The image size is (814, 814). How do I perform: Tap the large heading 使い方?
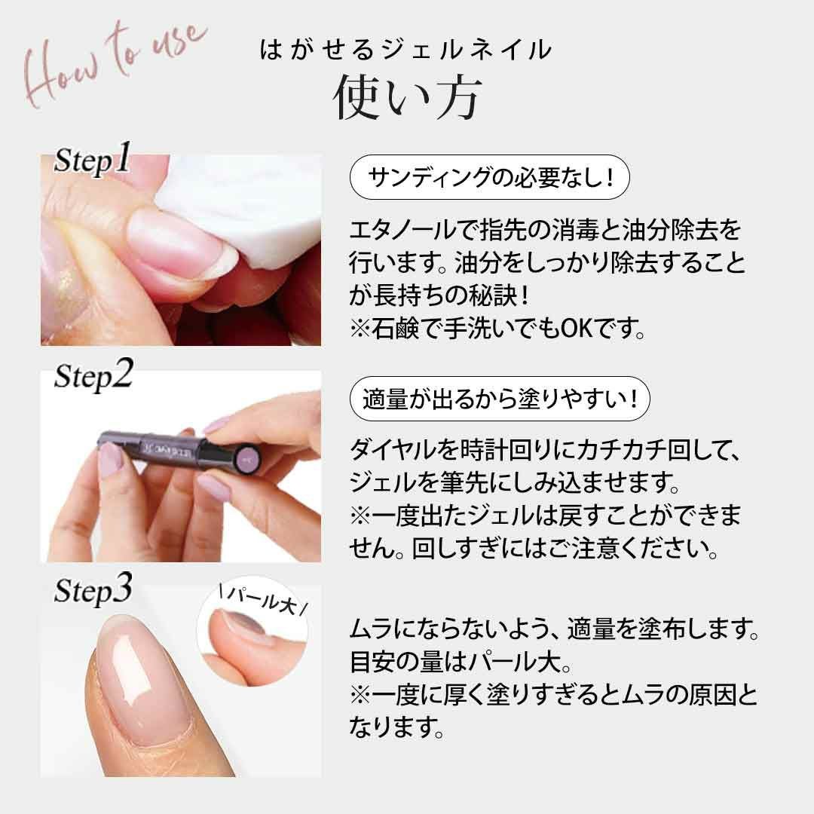(406, 96)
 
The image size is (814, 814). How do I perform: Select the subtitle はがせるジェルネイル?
(405, 50)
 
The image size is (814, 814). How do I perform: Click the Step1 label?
(93, 158)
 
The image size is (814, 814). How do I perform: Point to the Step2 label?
(93, 375)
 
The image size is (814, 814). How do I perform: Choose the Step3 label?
(93, 589)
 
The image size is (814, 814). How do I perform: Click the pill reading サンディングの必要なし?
(490, 178)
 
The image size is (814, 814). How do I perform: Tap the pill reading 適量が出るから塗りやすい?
(500, 399)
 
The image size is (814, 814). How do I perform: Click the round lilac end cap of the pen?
(246, 457)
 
